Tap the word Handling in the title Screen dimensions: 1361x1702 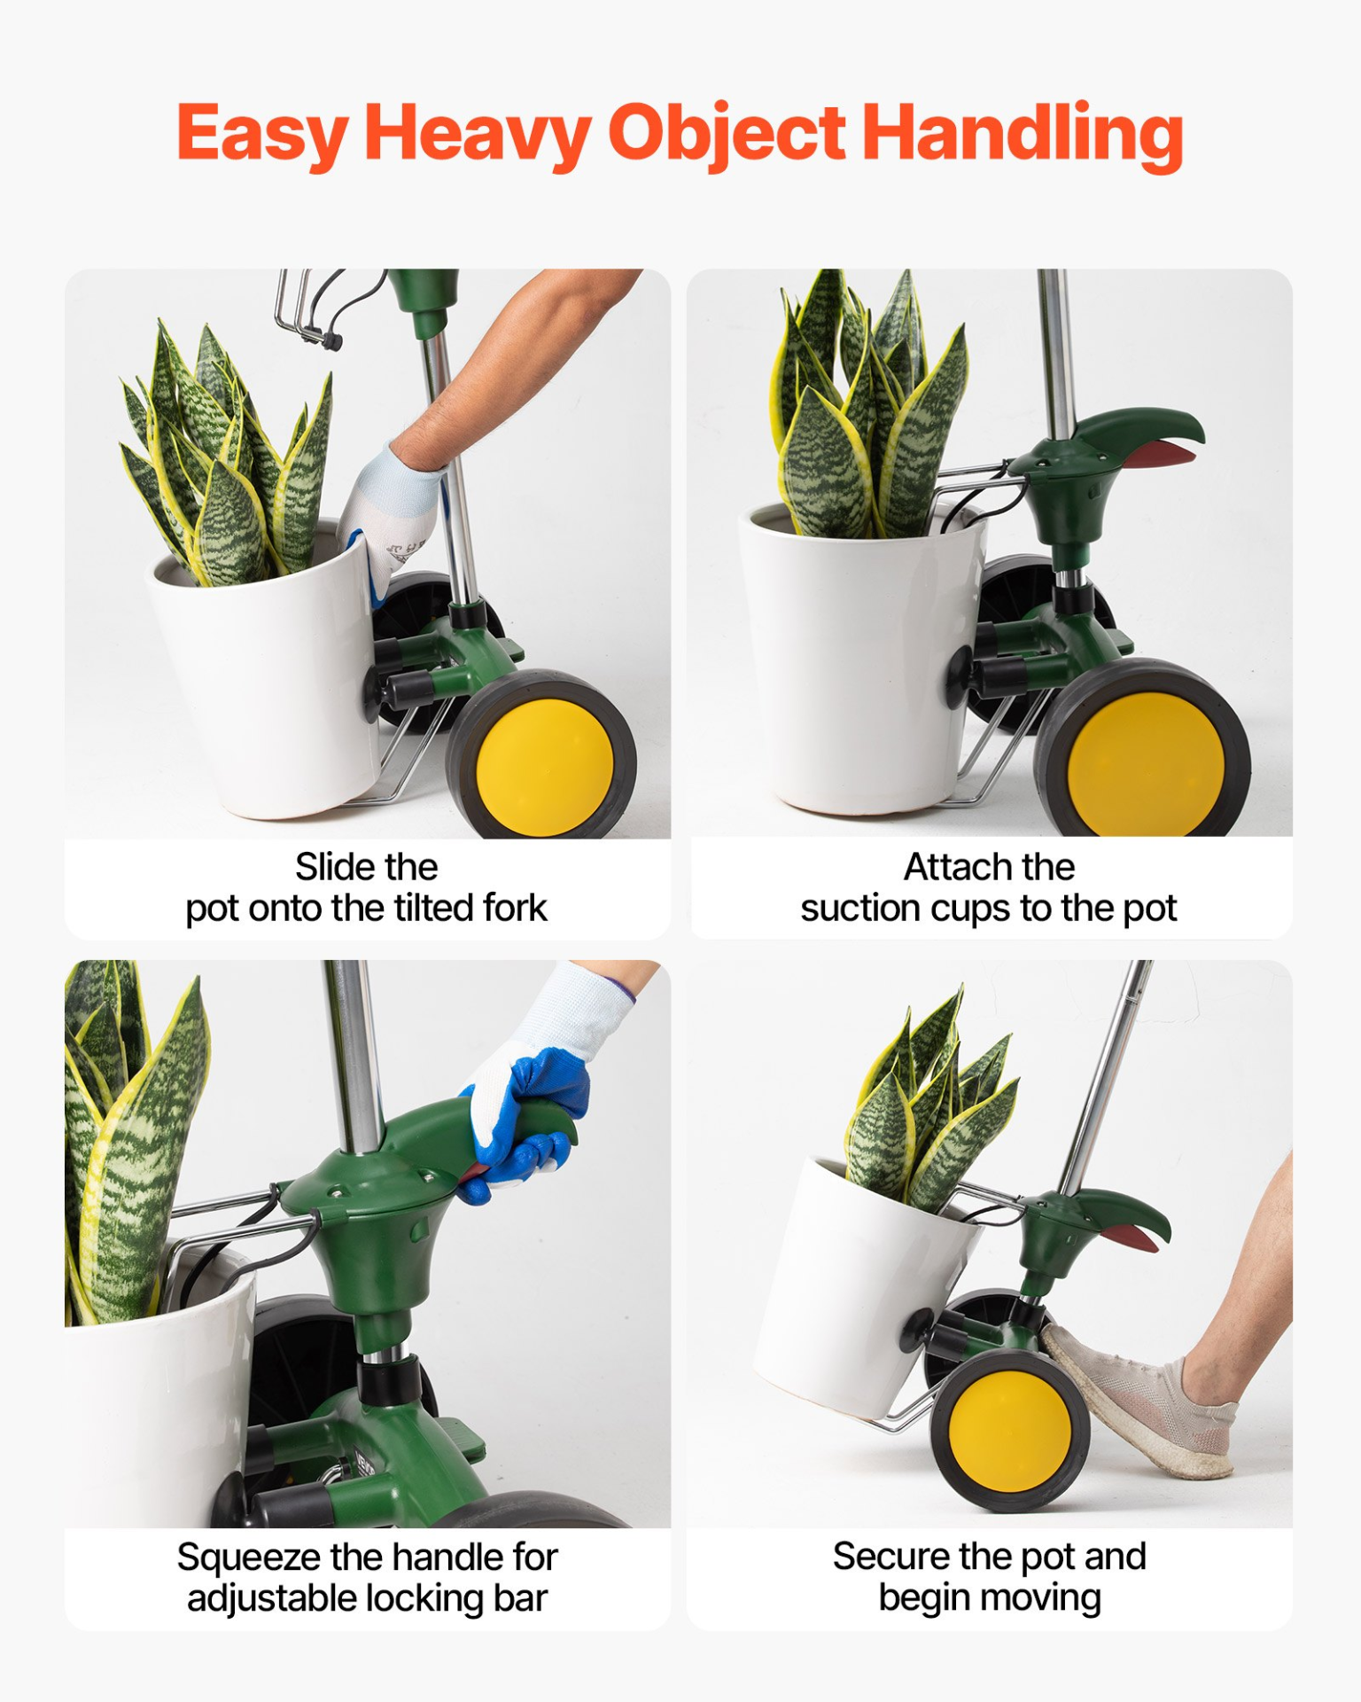[x=1023, y=135]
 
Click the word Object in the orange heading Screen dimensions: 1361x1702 [x=727, y=135]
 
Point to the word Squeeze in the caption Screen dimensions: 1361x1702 [x=248, y=1558]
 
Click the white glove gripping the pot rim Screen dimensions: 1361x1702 [x=390, y=519]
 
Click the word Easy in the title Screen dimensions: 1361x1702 [x=262, y=135]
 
